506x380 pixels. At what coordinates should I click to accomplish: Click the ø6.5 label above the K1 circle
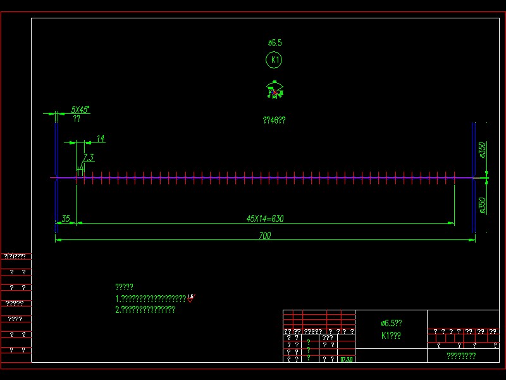275,42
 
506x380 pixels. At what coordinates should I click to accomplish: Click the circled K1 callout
274,60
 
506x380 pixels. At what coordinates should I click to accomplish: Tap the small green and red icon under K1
275,91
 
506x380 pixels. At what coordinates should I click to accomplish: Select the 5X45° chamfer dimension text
80,110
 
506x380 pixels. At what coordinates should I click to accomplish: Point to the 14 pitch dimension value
101,139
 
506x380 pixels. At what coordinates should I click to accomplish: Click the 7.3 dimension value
89,158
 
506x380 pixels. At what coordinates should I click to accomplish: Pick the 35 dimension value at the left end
66,219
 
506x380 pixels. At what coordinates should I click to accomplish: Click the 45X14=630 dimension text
265,219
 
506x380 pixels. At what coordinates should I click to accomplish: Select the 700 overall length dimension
265,236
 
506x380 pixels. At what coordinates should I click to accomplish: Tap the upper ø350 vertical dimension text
483,151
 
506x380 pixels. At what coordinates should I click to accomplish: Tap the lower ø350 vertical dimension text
483,206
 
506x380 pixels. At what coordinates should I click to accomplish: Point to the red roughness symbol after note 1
190,298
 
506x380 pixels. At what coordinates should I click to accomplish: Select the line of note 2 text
145,310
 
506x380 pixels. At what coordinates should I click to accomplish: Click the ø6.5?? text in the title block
392,323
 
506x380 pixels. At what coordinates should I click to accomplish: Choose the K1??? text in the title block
391,336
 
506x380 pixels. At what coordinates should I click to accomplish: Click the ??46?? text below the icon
274,120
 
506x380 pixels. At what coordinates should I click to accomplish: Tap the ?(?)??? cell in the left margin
15,256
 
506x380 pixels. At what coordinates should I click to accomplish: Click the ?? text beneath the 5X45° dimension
77,118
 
